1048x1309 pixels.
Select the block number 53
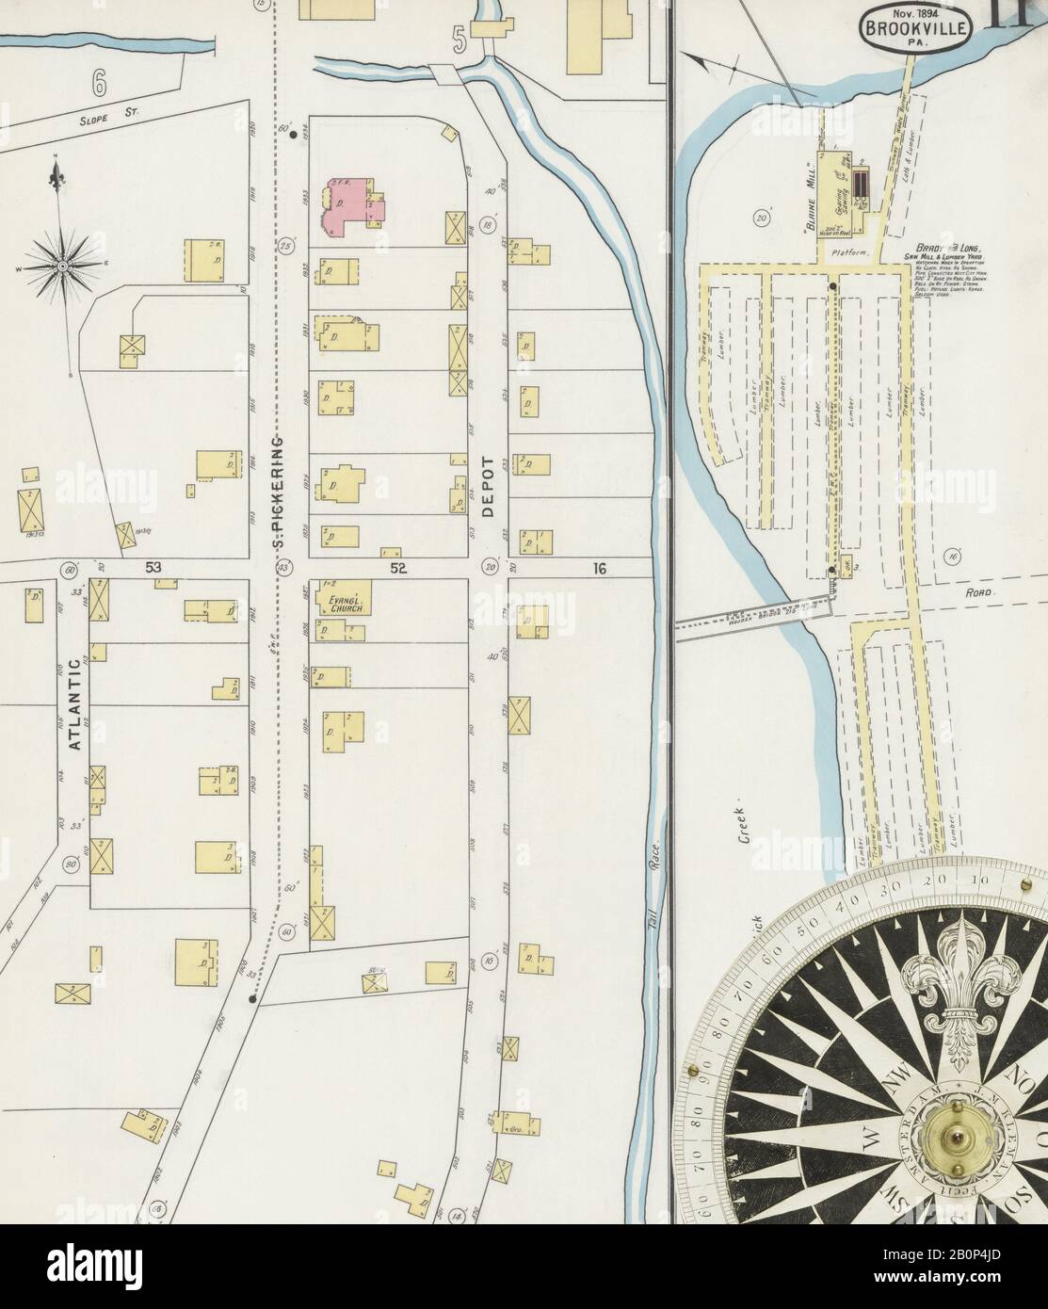click(x=153, y=568)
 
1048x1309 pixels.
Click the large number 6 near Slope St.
click(x=100, y=82)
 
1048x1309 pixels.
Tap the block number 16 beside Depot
click(x=599, y=568)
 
